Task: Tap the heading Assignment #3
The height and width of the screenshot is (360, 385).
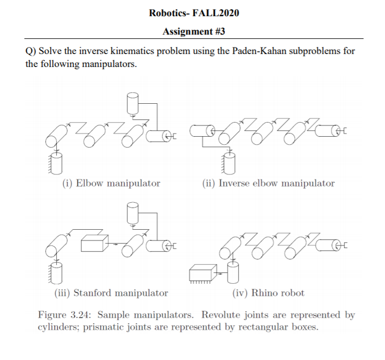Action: click(x=193, y=32)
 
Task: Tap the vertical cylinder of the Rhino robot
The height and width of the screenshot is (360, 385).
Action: click(x=233, y=272)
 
